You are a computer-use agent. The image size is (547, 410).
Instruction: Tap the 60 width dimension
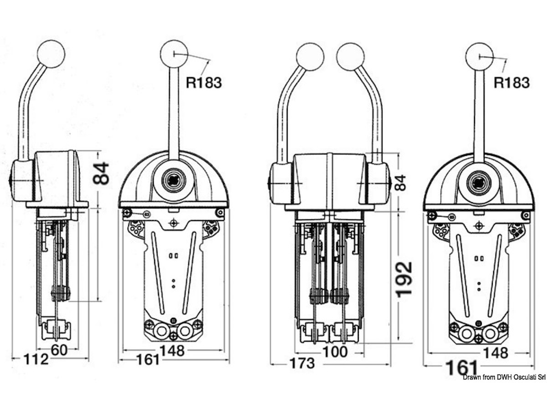tap(60, 350)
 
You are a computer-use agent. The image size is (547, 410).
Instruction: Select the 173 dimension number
tap(302, 363)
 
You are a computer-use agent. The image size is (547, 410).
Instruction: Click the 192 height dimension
tap(404, 278)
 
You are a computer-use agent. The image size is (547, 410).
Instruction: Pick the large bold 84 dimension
tap(101, 173)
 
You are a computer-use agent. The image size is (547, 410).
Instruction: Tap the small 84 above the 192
tap(400, 182)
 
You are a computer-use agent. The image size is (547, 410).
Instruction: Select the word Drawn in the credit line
tap(473, 378)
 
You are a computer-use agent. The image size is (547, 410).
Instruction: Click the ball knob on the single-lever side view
tap(51, 53)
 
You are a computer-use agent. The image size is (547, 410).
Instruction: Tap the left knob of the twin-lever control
tap(310, 56)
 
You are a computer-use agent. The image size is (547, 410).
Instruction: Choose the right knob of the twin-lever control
tap(350, 56)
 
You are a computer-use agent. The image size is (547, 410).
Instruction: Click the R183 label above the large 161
tap(512, 82)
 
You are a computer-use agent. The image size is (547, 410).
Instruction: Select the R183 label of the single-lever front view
tap(204, 82)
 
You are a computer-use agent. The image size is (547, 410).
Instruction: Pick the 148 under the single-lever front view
tap(172, 350)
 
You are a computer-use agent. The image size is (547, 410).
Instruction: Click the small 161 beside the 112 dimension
tap(148, 359)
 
